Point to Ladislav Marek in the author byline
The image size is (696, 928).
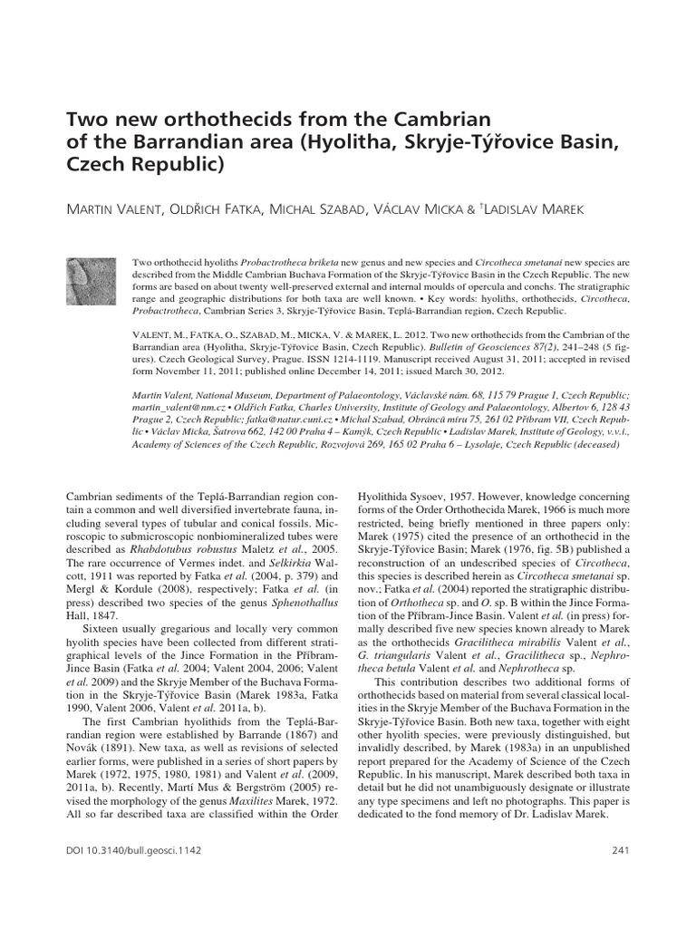coord(542,210)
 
